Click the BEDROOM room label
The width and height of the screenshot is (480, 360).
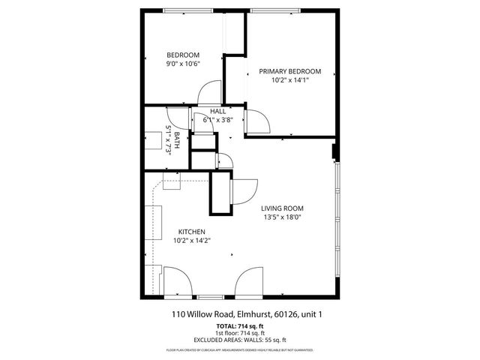click(x=182, y=55)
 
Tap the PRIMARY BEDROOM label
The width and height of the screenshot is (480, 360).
click(x=289, y=71)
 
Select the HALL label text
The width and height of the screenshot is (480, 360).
click(x=218, y=111)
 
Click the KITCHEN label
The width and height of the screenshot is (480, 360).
click(x=191, y=232)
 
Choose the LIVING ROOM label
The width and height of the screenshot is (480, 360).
click(x=282, y=208)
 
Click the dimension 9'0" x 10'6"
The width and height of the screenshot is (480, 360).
click(x=182, y=64)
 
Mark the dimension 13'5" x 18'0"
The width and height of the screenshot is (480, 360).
click(x=282, y=217)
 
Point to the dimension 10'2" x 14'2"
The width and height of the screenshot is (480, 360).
click(x=191, y=241)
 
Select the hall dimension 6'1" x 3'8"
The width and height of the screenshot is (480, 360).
click(x=218, y=119)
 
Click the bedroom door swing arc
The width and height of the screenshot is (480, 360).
click(x=205, y=91)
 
